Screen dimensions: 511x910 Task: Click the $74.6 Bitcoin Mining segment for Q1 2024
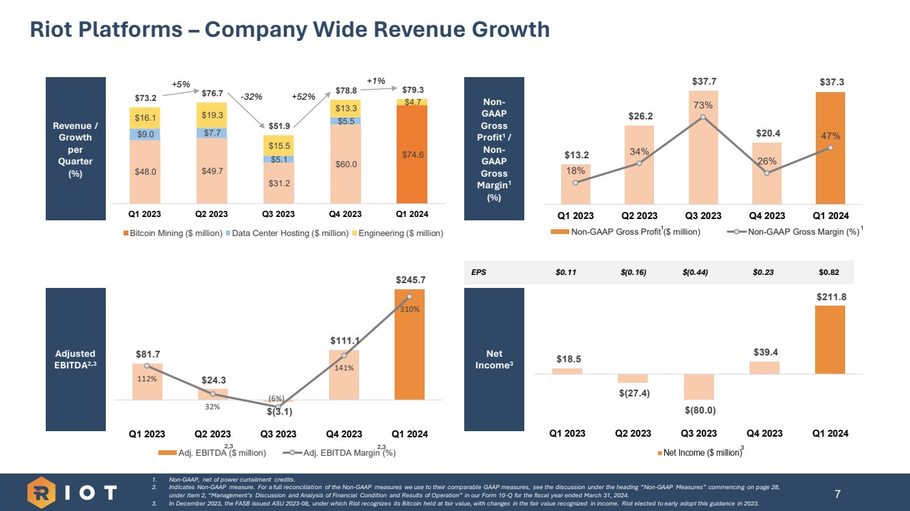(x=412, y=154)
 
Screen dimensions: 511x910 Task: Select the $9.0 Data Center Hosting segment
(x=144, y=134)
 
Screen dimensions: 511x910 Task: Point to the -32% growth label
(x=251, y=97)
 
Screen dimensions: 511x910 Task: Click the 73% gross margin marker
(x=703, y=117)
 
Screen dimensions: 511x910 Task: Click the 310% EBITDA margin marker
(x=410, y=296)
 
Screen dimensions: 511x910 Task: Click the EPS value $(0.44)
(x=694, y=272)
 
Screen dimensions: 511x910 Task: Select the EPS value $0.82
(x=829, y=272)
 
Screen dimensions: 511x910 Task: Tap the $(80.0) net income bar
(x=698, y=386)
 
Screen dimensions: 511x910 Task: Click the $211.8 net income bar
(x=830, y=340)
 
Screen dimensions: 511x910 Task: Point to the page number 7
(x=838, y=493)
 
